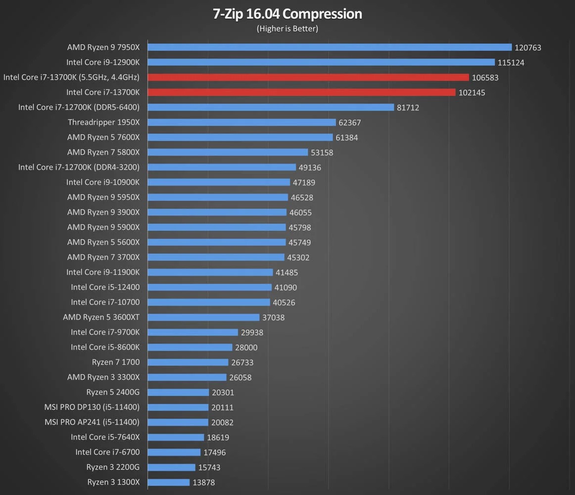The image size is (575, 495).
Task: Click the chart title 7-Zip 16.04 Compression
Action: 287,14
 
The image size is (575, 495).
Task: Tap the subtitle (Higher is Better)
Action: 287,29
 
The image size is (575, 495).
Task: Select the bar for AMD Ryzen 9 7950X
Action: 329,48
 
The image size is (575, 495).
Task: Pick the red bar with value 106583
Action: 308,77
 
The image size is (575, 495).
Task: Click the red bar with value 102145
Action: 301,93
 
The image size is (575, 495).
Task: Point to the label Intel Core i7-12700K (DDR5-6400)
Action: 79,107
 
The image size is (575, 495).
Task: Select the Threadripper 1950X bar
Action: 241,122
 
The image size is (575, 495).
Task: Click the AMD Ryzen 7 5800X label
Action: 103,152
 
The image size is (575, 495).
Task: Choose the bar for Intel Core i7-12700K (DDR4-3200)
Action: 221,167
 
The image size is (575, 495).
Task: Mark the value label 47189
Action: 304,183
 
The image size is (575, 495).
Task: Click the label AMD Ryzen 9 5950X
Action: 103,198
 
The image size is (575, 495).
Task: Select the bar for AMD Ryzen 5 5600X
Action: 216,242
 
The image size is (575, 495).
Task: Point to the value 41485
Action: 287,273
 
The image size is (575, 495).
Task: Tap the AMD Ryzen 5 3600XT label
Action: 101,317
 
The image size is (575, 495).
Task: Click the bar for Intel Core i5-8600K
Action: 190,347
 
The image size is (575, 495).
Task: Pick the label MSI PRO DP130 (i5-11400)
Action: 92,407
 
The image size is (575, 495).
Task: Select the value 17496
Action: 214,452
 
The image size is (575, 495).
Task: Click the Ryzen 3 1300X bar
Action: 168,482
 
